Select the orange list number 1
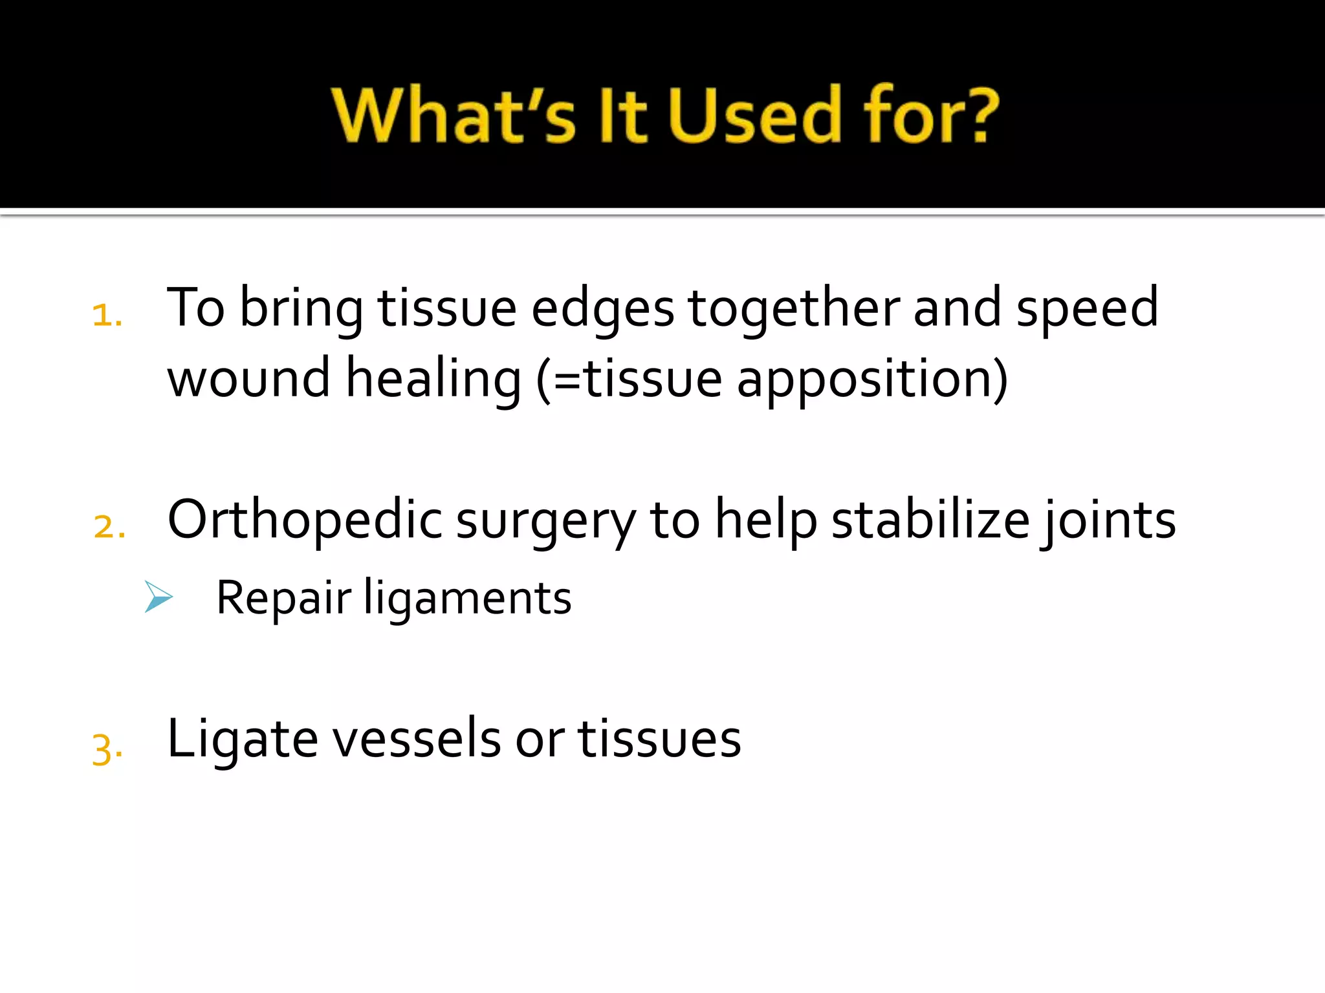pos(106,315)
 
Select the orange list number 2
pos(109,526)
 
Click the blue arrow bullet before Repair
pos(159,596)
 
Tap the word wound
pos(249,379)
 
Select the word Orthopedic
pos(305,521)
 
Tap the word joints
pos(1109,521)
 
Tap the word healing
pos(433,380)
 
